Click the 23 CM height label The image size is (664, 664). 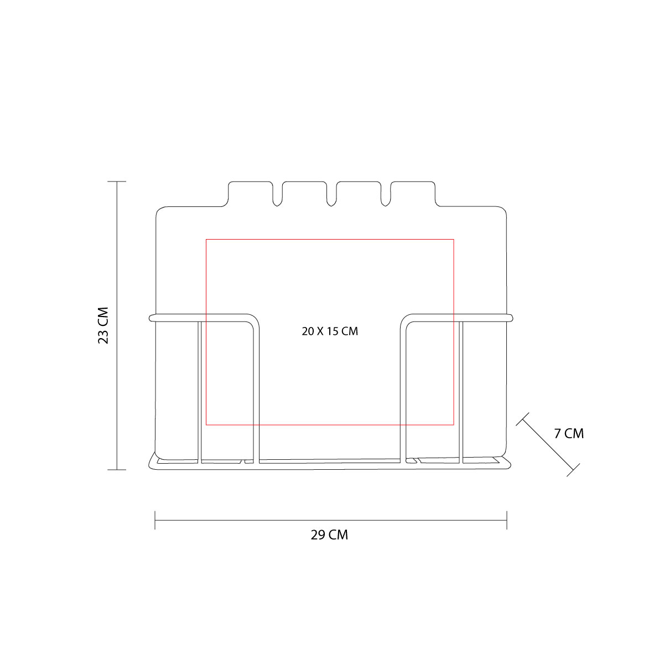coord(103,325)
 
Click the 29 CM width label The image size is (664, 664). coord(329,535)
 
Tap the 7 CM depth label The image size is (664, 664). coord(569,433)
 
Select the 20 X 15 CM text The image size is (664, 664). coord(330,331)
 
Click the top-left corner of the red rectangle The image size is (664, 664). coord(206,239)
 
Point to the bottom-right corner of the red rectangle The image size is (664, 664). coord(454,425)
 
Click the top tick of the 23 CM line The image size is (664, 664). coord(117,181)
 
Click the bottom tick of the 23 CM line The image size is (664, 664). coord(117,470)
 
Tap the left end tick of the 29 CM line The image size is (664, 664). coord(155,520)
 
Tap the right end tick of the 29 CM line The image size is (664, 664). coord(507,520)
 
